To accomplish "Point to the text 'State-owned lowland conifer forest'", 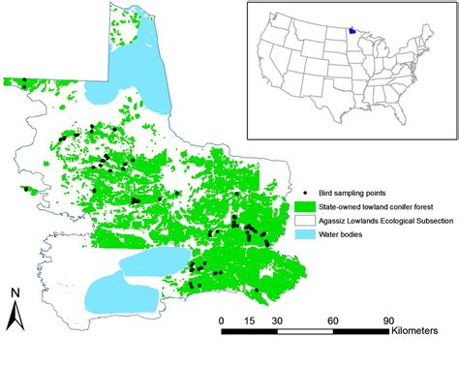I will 374,207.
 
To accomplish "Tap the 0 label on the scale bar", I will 222,320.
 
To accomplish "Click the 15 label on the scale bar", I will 250,320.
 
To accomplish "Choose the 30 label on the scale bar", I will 278,320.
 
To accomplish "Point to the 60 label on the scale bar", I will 334,320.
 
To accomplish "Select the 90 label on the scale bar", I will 389,320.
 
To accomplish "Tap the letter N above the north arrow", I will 16,293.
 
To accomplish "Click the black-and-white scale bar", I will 305,332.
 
